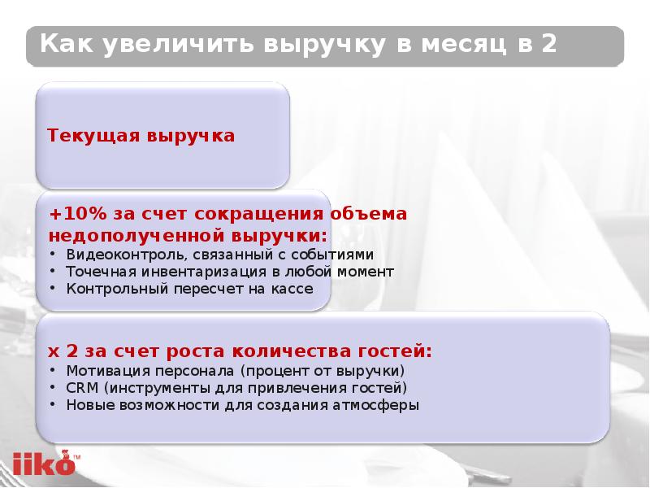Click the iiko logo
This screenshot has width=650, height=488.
click(41, 463)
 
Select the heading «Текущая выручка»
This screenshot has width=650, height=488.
click(141, 136)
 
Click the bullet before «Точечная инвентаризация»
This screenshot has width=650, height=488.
click(54, 272)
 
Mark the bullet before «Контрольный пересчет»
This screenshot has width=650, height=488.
click(54, 289)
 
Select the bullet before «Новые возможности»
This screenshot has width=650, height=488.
click(54, 404)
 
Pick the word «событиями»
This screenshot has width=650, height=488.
click(339, 255)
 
